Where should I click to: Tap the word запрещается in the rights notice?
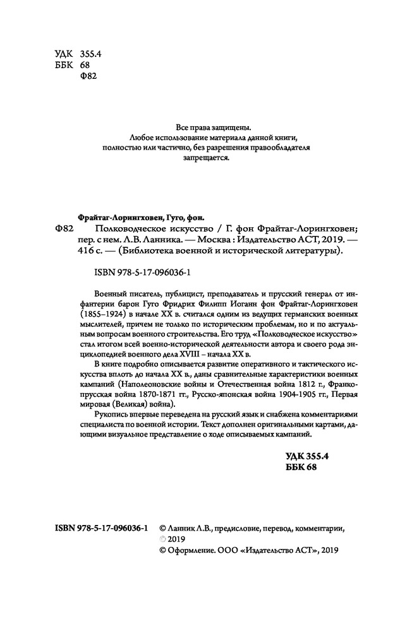[x=203, y=158]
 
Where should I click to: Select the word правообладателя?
[x=278, y=147]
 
